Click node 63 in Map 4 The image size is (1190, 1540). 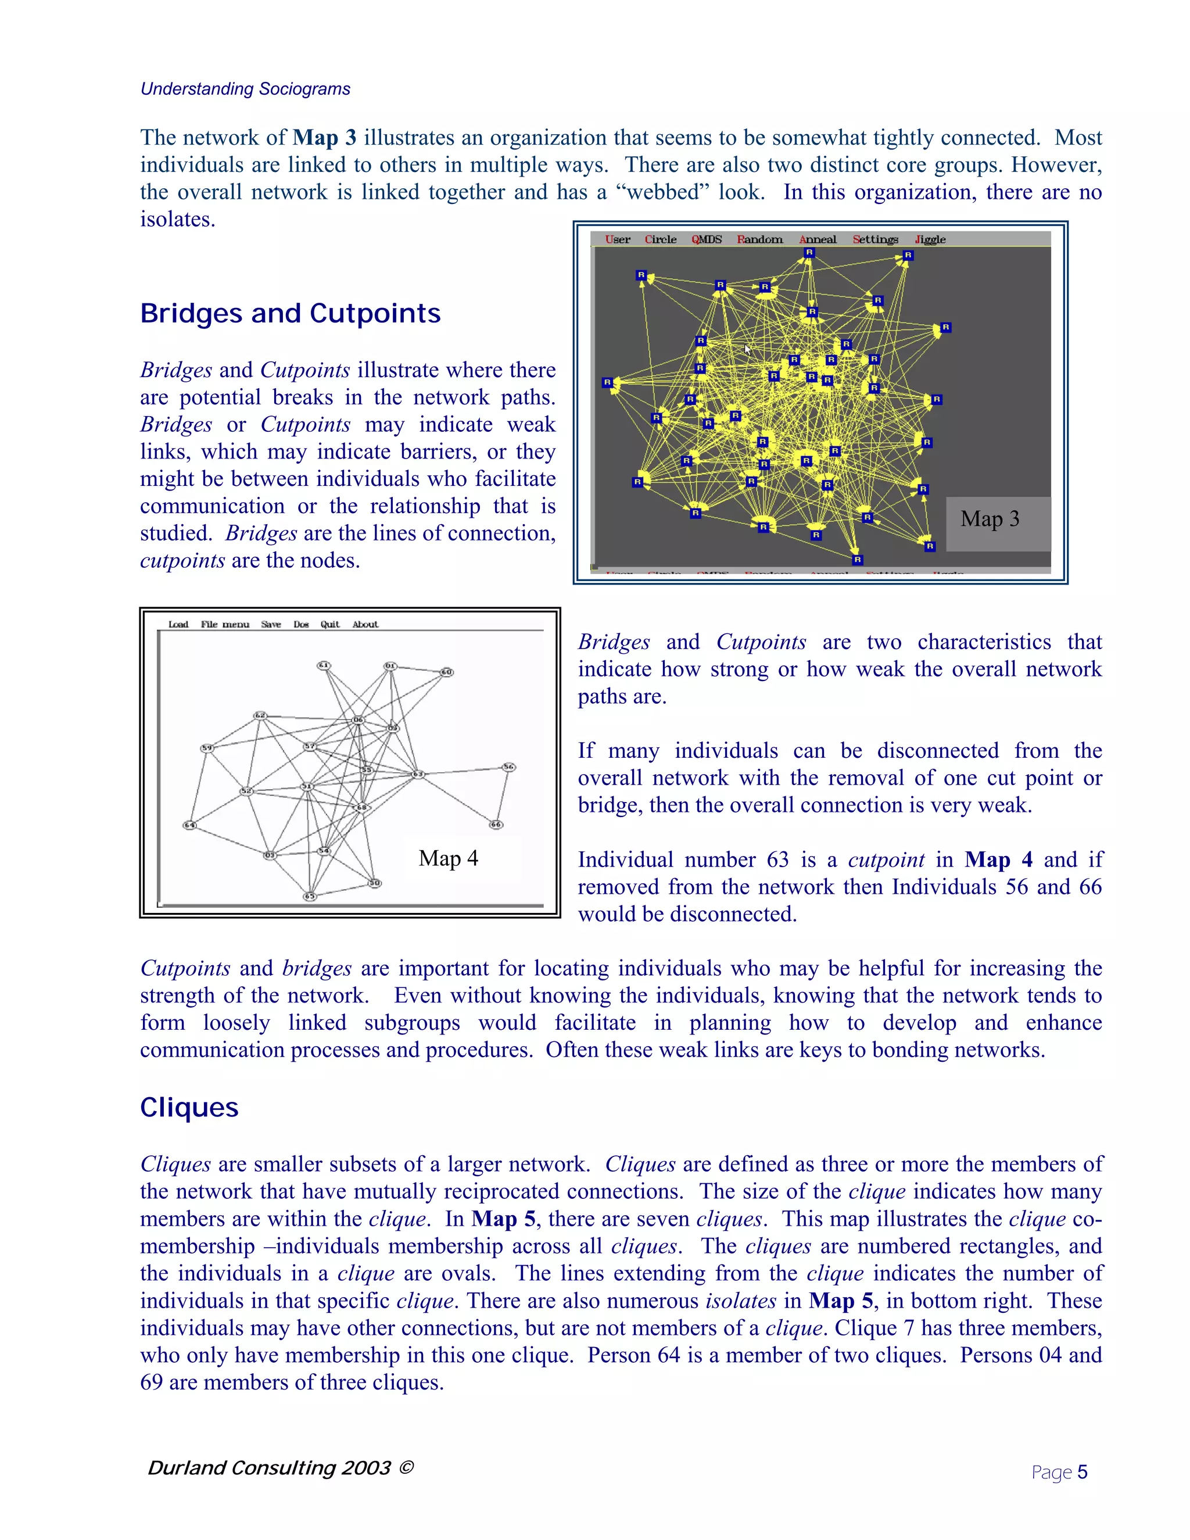417,774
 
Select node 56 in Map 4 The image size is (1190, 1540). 508,767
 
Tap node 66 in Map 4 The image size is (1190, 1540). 496,824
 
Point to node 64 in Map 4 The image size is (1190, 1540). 189,825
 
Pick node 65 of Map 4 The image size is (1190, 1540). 310,896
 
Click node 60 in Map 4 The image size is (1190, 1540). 446,672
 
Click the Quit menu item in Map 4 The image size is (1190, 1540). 329,624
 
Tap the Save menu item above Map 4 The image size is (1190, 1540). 271,624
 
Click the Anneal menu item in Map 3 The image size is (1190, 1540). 817,240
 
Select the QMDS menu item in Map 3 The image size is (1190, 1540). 707,240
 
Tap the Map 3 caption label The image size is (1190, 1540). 989,520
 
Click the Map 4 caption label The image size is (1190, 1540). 449,859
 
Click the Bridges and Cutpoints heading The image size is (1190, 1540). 290,313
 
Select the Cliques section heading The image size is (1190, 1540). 189,1108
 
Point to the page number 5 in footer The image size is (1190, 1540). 1082,1473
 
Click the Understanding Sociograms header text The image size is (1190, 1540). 245,89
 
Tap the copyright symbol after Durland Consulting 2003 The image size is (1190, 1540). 406,1467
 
